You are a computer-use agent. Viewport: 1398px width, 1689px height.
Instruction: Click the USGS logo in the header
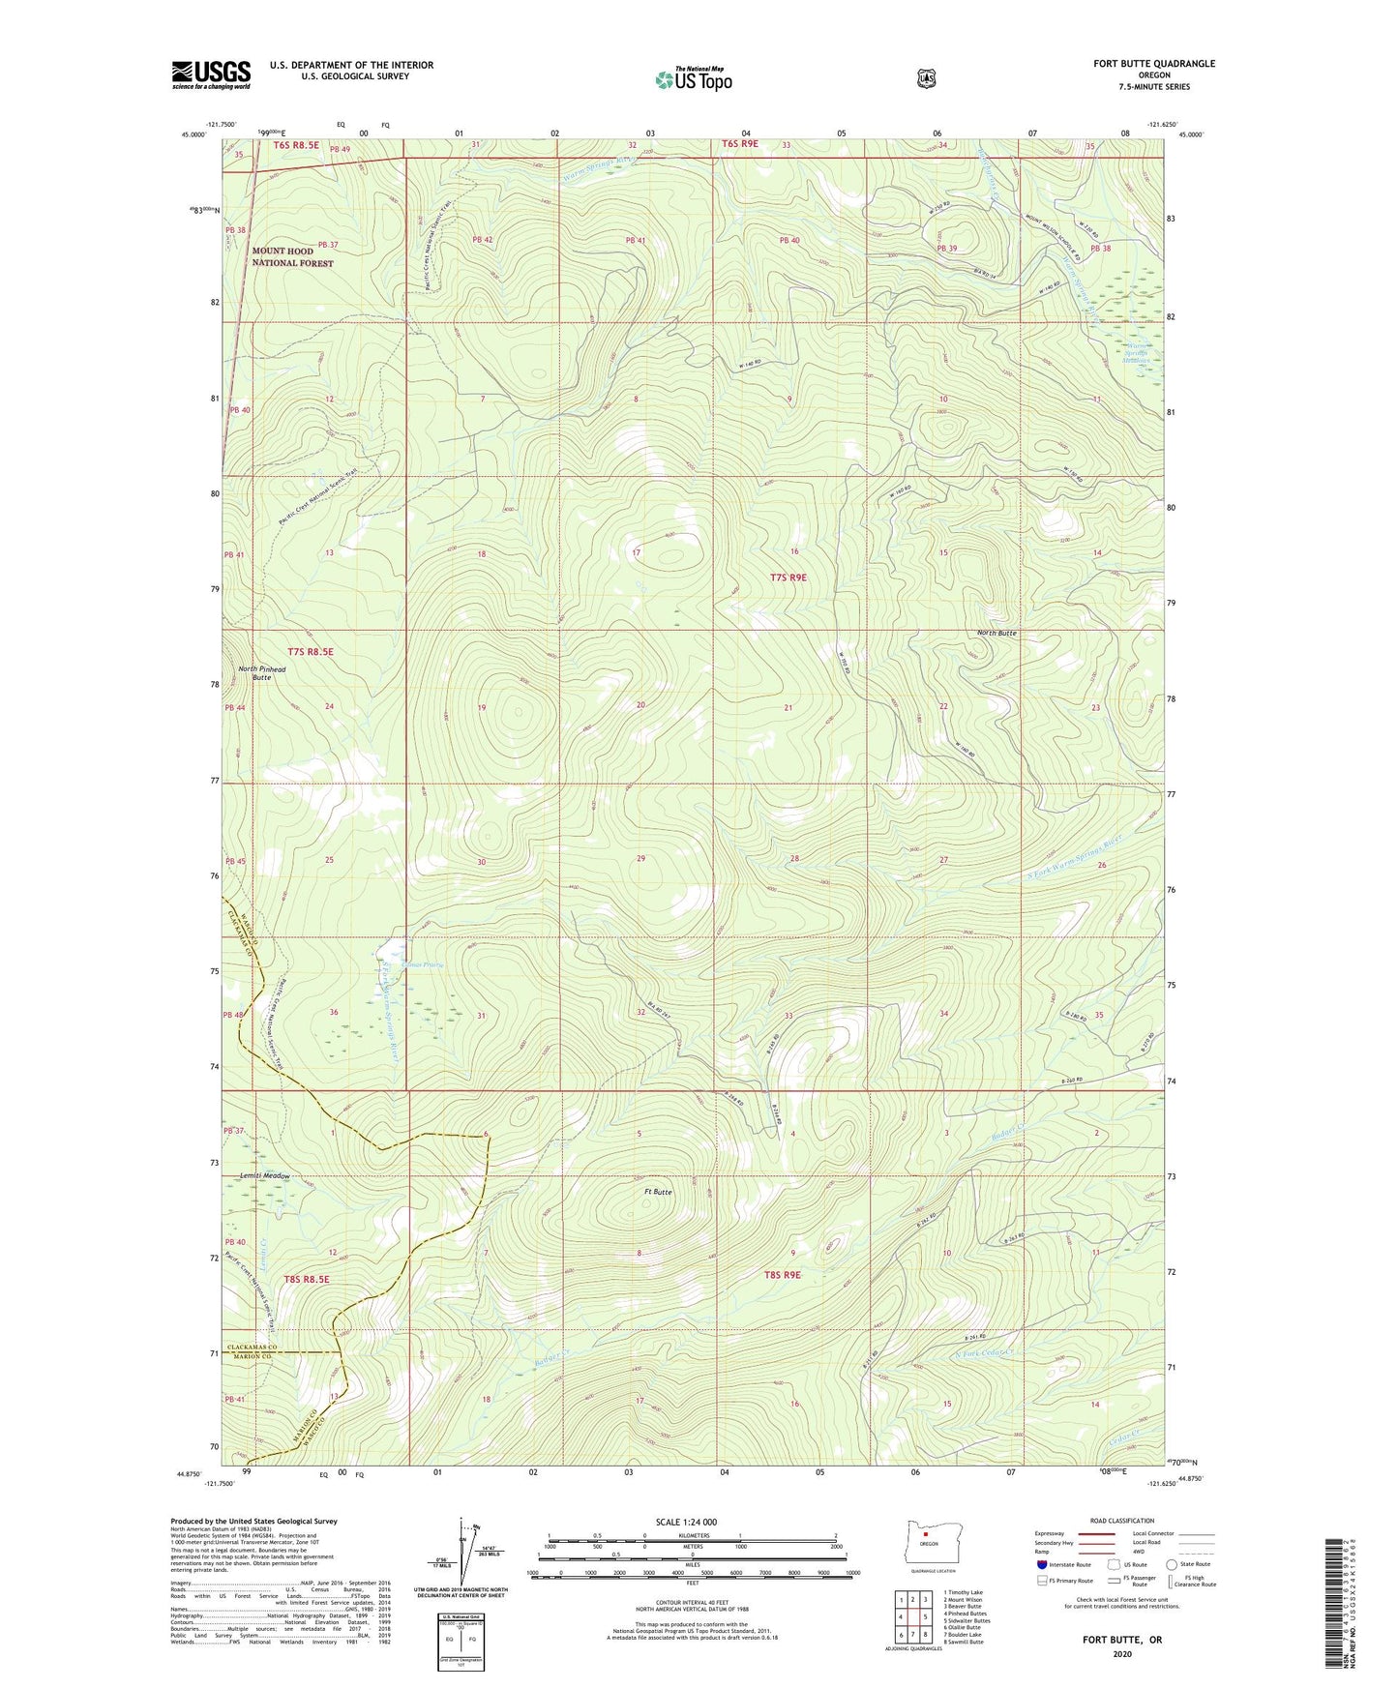pyautogui.click(x=211, y=74)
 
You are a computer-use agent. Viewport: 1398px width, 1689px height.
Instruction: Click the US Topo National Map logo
pyautogui.click(x=692, y=79)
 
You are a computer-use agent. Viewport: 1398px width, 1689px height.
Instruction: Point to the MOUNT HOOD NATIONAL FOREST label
pyautogui.click(x=292, y=256)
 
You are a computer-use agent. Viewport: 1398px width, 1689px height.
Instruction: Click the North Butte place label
pyautogui.click(x=996, y=633)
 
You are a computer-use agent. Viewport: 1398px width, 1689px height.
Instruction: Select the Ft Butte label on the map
pyautogui.click(x=658, y=1192)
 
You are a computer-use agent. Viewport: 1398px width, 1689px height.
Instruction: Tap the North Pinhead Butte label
pyautogui.click(x=261, y=673)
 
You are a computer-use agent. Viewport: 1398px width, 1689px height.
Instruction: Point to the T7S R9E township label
pyautogui.click(x=788, y=578)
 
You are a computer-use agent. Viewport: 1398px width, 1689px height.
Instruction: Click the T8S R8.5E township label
pyautogui.click(x=307, y=1279)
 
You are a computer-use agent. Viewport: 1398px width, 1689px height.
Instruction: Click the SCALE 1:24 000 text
pyautogui.click(x=686, y=1522)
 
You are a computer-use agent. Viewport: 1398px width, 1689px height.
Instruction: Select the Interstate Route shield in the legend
pyautogui.click(x=1042, y=1564)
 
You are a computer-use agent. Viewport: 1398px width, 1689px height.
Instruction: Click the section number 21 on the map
pyautogui.click(x=788, y=708)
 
